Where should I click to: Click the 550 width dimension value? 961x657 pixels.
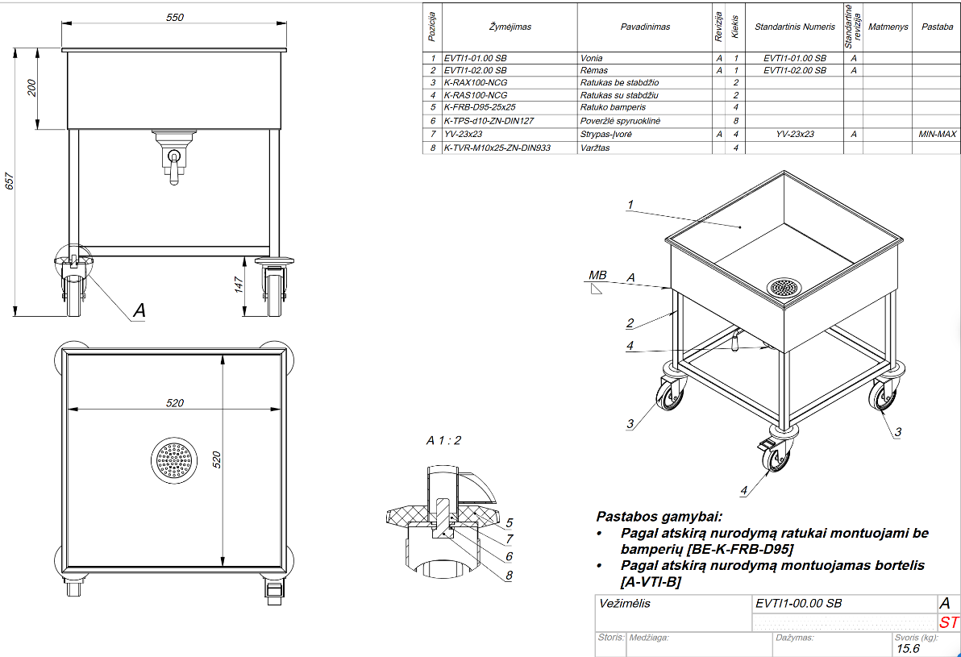pos(175,16)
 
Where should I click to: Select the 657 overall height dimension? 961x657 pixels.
pos(9,183)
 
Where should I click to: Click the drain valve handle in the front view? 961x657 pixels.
pos(173,168)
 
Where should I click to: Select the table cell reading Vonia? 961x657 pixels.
pos(591,58)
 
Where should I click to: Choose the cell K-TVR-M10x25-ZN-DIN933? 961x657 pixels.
pos(497,148)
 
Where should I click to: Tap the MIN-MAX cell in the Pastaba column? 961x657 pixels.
pos(937,134)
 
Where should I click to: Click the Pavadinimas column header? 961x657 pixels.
pos(645,27)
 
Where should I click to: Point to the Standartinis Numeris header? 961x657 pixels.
pos(794,27)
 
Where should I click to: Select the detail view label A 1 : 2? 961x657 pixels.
pos(443,440)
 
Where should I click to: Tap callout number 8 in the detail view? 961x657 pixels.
pos(509,575)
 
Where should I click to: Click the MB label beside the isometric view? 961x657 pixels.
pos(597,276)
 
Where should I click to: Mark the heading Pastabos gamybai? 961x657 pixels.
pos(659,516)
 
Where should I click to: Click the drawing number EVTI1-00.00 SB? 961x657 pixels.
pos(800,604)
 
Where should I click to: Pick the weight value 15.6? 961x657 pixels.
pos(909,648)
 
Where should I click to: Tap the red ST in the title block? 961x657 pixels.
pos(949,622)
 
